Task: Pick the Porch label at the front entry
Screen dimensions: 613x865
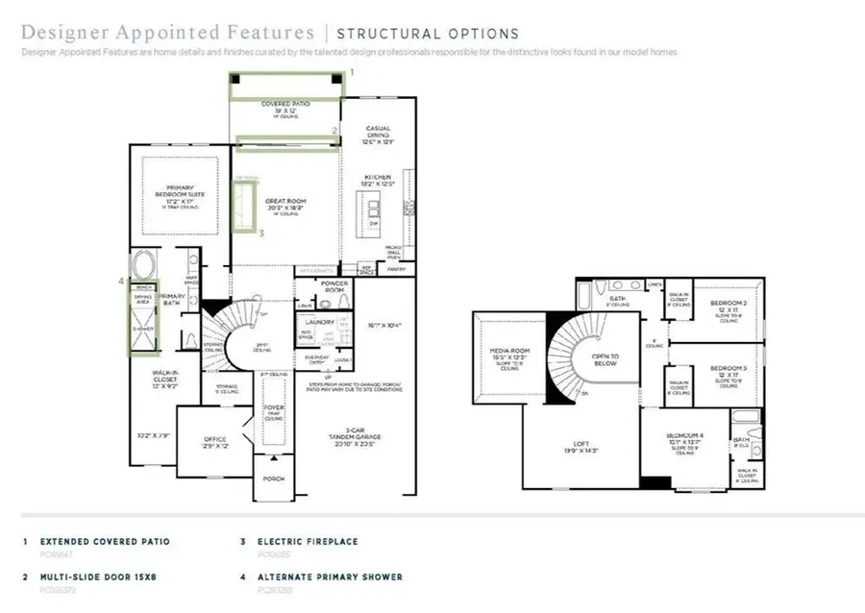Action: (274, 478)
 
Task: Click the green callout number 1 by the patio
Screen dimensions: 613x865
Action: (352, 72)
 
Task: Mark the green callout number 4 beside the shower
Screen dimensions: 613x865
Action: (120, 282)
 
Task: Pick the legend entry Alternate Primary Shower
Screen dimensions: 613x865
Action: (330, 576)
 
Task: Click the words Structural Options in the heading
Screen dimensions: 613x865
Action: (428, 34)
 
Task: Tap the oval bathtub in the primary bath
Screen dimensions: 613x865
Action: (145, 264)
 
